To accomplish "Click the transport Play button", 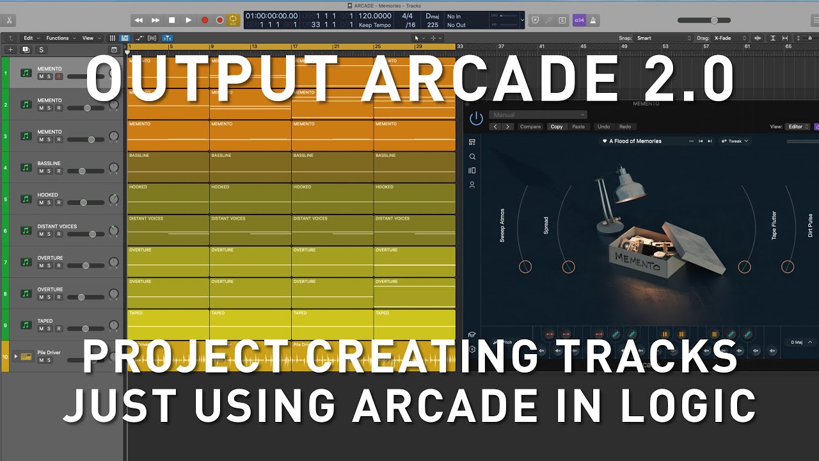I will click(188, 20).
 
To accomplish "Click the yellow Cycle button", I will click(234, 20).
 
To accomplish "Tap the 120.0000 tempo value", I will click(374, 16).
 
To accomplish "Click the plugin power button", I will click(476, 118).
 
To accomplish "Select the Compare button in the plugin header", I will click(530, 127).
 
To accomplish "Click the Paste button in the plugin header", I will click(578, 127).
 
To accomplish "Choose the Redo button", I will click(625, 127).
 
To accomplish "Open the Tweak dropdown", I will click(735, 141).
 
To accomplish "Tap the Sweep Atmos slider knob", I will click(525, 267).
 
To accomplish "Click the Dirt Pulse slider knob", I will click(788, 267).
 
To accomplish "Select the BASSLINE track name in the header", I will click(49, 163).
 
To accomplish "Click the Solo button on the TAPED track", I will click(49, 329).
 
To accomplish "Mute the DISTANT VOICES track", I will click(41, 234).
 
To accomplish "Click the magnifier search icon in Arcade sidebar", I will click(472, 156).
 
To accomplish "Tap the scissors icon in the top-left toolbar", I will click(9, 20).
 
